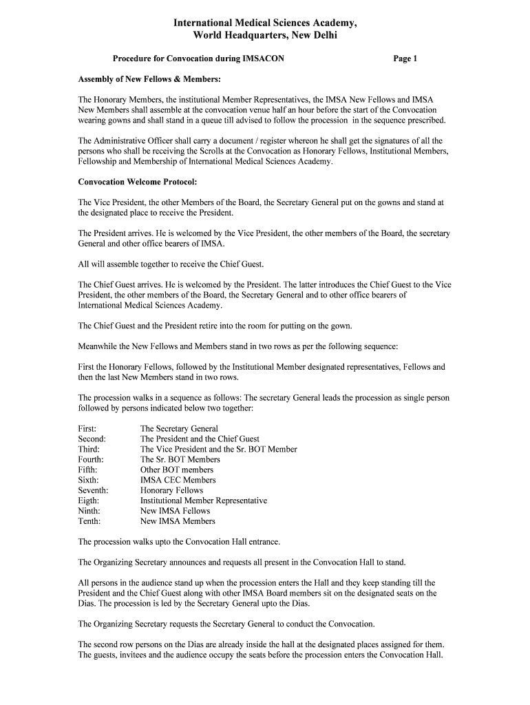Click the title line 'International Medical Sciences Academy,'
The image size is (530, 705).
(265, 23)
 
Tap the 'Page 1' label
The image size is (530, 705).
(405, 59)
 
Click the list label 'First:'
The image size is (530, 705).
(87, 429)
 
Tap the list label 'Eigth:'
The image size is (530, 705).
(89, 501)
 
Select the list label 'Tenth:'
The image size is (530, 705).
(89, 521)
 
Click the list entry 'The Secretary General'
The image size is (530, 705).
(179, 429)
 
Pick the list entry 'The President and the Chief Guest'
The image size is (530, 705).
(200, 439)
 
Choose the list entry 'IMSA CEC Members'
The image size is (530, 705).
(178, 480)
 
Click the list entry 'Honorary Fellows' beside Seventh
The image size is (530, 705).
(171, 490)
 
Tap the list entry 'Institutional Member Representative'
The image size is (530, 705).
(203, 501)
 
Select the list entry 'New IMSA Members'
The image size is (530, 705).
(178, 521)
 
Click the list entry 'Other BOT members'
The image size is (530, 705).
(177, 470)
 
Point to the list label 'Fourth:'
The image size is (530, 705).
(91, 459)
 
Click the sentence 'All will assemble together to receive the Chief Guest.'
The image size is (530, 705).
(171, 264)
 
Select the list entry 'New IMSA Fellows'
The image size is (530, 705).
(175, 511)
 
